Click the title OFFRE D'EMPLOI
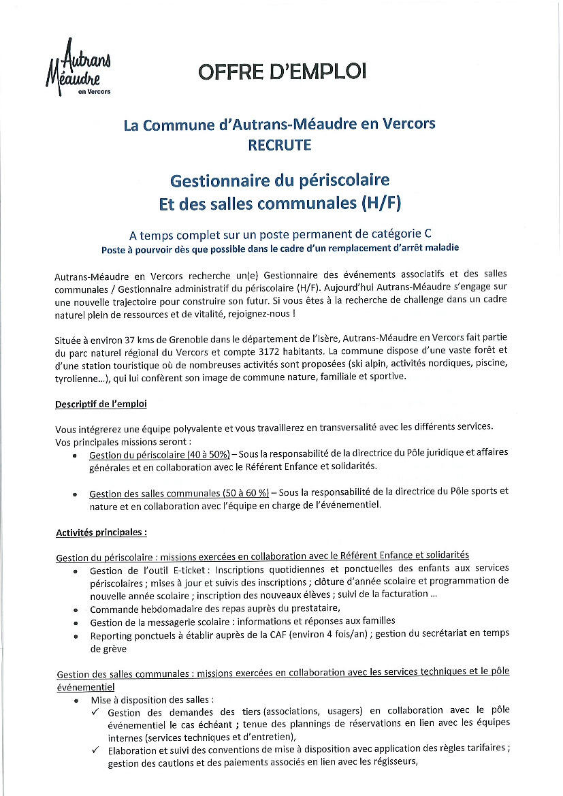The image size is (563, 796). (282, 71)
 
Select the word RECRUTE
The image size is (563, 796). (279, 145)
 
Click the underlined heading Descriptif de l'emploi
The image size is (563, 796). (101, 404)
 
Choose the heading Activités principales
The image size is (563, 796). (101, 532)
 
